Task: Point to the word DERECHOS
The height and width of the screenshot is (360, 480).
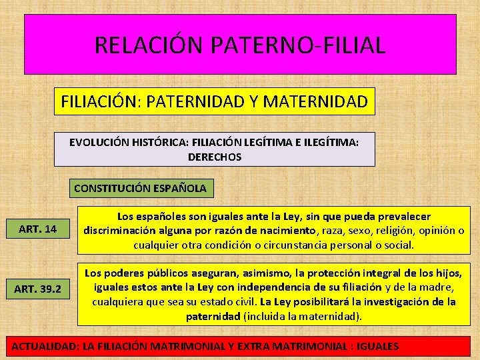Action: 215,157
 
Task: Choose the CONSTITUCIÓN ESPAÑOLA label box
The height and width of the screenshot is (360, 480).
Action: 140,189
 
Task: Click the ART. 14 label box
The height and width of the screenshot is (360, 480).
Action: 37,229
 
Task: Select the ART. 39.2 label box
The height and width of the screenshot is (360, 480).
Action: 37,289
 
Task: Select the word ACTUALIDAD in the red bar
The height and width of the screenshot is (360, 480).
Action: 43,346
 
